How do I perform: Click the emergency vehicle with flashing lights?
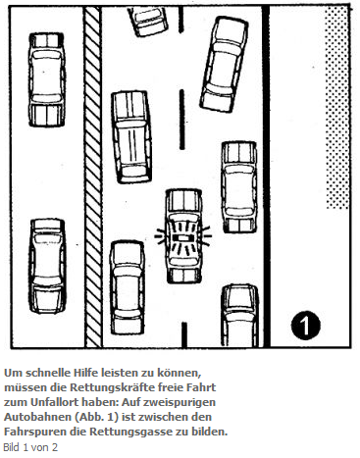click(x=183, y=236)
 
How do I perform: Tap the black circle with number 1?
click(x=306, y=325)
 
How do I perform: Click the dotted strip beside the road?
click(x=337, y=108)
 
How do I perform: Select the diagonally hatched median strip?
click(x=93, y=177)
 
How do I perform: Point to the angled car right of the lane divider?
click(x=224, y=65)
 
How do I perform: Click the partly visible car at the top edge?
click(x=149, y=22)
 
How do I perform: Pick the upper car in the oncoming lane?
click(x=47, y=79)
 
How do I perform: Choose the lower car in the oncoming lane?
click(x=47, y=266)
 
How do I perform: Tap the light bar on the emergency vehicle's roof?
click(x=183, y=238)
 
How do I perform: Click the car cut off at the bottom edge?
click(x=239, y=315)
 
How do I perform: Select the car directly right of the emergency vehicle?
click(x=239, y=187)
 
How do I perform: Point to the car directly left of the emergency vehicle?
click(x=128, y=287)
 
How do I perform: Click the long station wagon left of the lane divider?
click(x=131, y=136)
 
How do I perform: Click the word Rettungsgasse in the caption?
click(x=131, y=432)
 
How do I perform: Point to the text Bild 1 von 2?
click(x=30, y=447)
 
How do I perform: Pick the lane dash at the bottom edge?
click(x=184, y=334)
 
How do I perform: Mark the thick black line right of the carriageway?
click(x=267, y=177)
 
